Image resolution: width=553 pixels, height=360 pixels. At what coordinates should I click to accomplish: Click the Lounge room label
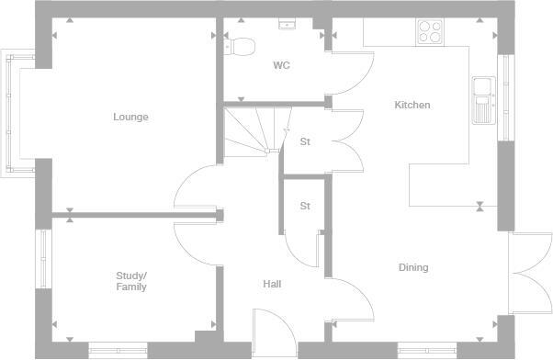tap(130, 117)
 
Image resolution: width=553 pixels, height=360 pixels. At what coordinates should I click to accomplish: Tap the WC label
tap(281, 65)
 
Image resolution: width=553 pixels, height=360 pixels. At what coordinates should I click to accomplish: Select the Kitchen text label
tap(412, 105)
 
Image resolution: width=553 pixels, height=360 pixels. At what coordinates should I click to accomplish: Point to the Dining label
tap(413, 267)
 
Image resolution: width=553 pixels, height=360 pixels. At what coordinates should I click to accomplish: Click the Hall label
tap(272, 284)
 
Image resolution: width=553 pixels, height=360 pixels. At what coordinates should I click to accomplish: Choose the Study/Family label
tap(130, 281)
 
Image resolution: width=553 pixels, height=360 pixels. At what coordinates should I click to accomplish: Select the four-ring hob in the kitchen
tap(429, 32)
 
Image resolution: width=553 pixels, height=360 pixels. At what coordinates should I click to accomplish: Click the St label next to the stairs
tap(305, 141)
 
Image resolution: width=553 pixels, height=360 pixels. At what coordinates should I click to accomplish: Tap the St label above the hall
tap(305, 206)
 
